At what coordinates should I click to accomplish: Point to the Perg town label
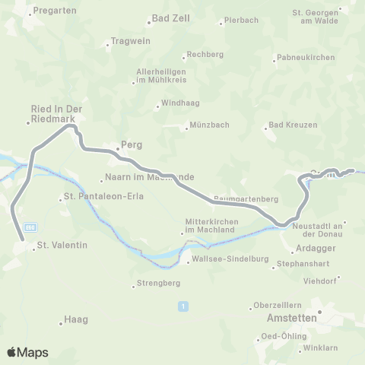coord(132,144)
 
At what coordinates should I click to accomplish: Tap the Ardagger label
coord(315,249)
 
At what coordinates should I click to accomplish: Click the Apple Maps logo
coord(27,352)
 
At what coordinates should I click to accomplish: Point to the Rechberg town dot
coord(183,56)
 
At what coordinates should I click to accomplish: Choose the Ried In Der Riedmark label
coord(56,114)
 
